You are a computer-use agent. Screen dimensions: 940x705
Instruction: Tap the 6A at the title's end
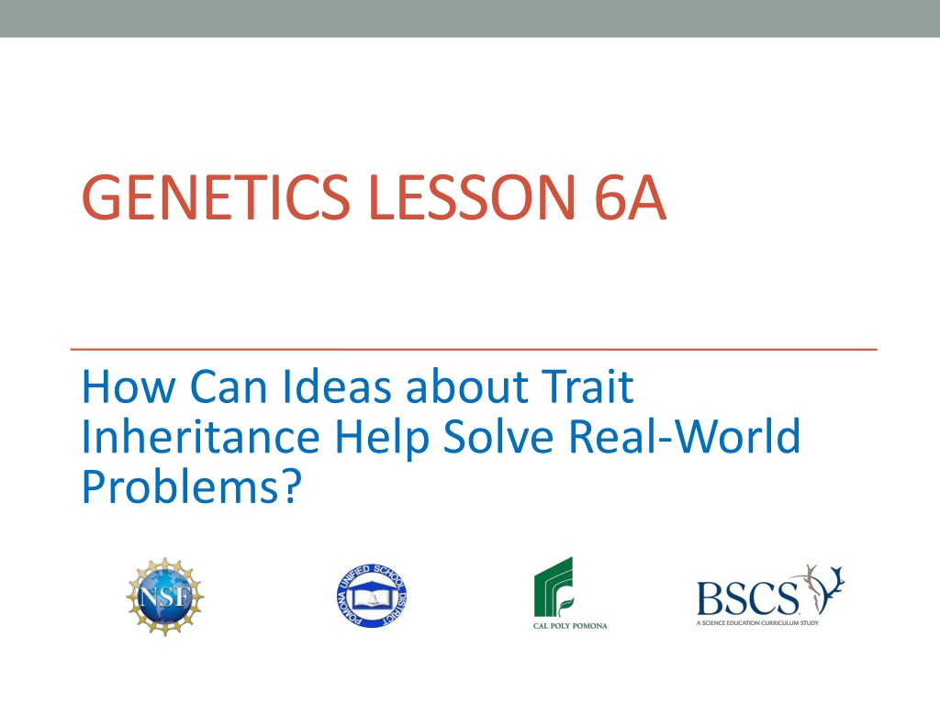(x=630, y=197)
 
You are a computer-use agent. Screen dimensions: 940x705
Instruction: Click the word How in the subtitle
(x=129, y=386)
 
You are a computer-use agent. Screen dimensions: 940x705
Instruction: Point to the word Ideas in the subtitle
(x=336, y=386)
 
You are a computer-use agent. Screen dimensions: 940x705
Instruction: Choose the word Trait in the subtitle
(x=587, y=386)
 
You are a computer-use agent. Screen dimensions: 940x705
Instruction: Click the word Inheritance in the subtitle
(x=201, y=436)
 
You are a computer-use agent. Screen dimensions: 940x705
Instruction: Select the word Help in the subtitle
(x=382, y=439)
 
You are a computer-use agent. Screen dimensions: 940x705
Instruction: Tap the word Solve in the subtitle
(x=498, y=436)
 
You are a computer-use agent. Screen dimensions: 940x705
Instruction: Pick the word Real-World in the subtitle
(x=684, y=436)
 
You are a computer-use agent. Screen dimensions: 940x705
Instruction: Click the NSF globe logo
(x=165, y=597)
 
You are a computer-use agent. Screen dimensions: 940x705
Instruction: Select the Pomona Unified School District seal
(x=372, y=596)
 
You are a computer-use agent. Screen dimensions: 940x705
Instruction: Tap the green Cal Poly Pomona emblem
(x=554, y=587)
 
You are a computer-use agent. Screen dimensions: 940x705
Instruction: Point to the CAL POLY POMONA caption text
(x=570, y=626)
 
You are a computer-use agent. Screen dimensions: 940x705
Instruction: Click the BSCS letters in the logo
(x=747, y=599)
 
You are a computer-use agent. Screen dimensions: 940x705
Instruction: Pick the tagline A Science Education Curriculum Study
(x=757, y=623)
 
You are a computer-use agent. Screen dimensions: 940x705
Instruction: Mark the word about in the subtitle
(x=467, y=386)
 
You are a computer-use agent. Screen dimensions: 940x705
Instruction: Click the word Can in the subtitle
(x=229, y=386)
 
